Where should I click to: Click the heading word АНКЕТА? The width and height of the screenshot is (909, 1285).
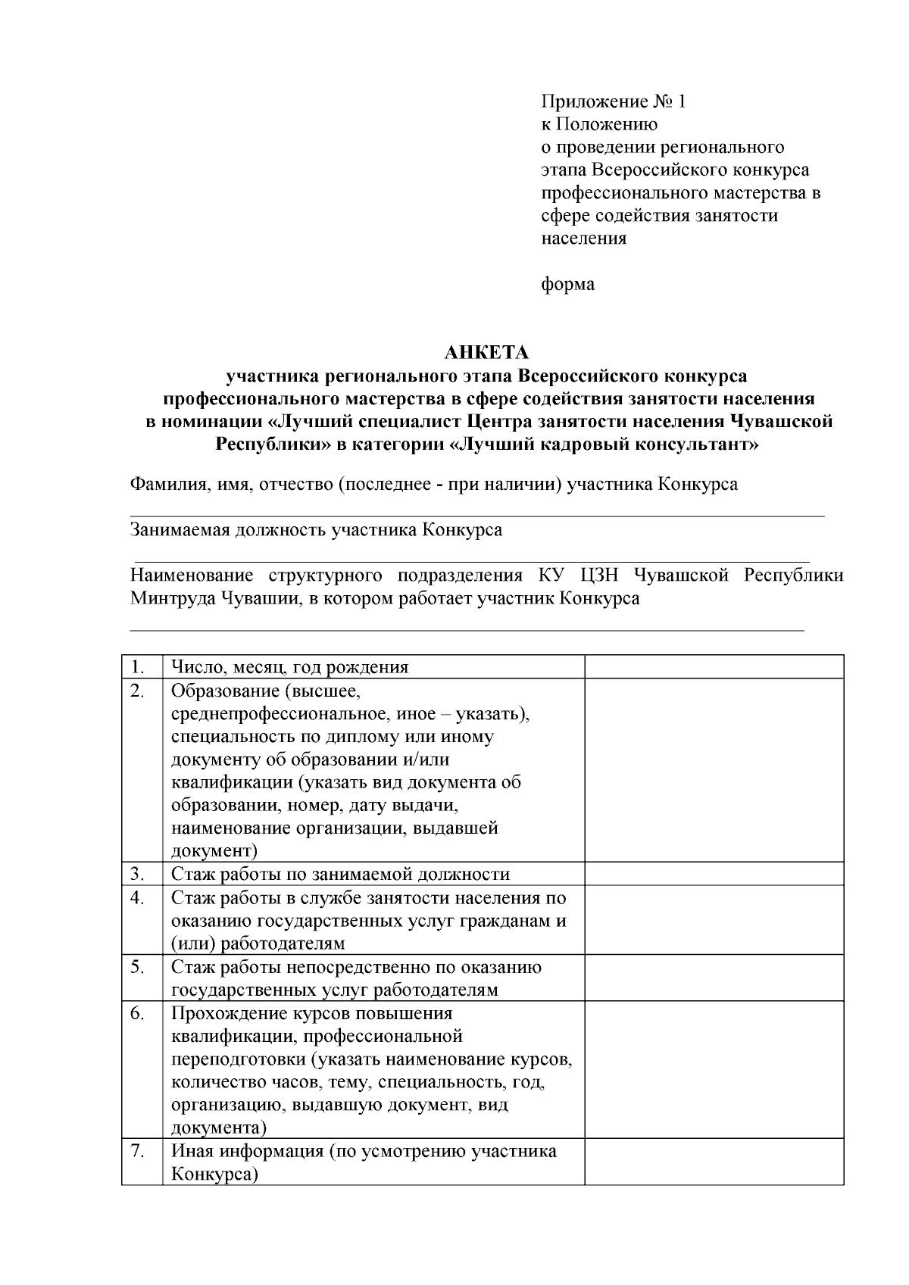486,353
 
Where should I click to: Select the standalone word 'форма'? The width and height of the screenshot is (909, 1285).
567,285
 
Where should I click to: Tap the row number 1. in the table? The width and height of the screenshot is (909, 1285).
138,667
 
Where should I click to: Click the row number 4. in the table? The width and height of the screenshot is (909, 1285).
138,898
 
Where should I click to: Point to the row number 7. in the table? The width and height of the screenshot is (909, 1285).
138,1151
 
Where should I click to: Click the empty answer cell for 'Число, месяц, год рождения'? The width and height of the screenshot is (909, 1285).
714,667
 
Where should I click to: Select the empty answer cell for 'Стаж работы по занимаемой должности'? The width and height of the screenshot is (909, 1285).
714,874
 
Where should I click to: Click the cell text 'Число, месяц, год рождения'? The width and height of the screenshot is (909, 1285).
290,667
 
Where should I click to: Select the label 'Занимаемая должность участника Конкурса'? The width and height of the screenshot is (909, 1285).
317,530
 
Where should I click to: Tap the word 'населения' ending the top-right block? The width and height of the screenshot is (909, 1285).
584,239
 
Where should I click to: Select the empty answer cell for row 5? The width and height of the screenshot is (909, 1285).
714,978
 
